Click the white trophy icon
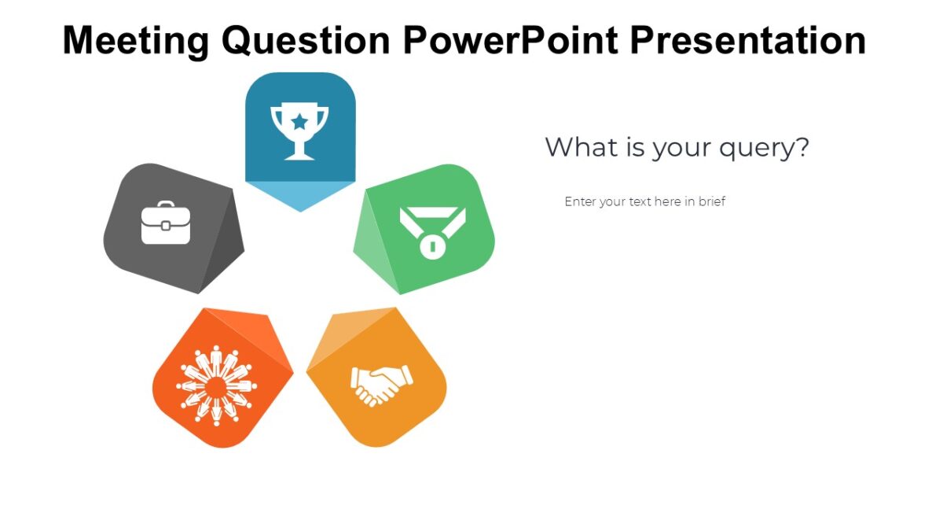pos(299,130)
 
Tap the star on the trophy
pos(299,121)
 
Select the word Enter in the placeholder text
pos(580,201)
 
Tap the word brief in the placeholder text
pos(711,201)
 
